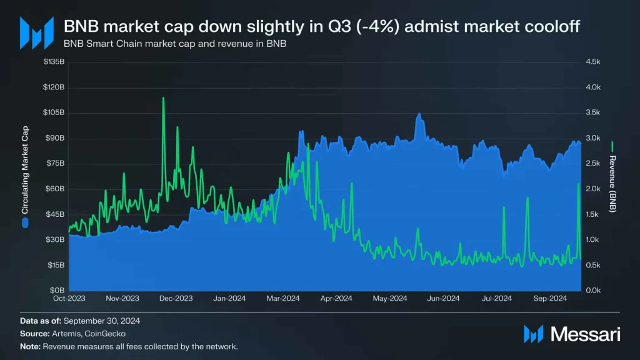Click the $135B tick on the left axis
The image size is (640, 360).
[54, 62]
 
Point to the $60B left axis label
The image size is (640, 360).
[55, 189]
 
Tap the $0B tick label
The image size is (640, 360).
[57, 291]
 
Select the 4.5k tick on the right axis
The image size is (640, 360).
[593, 62]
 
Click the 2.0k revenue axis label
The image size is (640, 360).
[593, 189]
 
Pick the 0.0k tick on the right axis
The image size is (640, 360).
[593, 291]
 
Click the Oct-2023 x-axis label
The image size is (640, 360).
[69, 298]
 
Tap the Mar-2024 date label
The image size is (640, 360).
[283, 298]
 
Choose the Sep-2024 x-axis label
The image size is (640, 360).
[550, 298]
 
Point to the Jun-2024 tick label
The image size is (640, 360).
[443, 298]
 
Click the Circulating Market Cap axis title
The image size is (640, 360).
[25, 170]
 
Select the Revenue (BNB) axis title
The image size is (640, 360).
[612, 184]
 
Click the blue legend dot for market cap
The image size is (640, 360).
[25, 223]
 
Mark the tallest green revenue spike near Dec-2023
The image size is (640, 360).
[163, 98]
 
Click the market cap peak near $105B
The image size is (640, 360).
[419, 114]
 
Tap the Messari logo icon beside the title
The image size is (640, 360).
[37, 33]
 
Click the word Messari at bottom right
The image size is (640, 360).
[585, 334]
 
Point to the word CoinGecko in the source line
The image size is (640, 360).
[105, 334]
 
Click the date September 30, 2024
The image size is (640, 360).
[102, 321]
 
